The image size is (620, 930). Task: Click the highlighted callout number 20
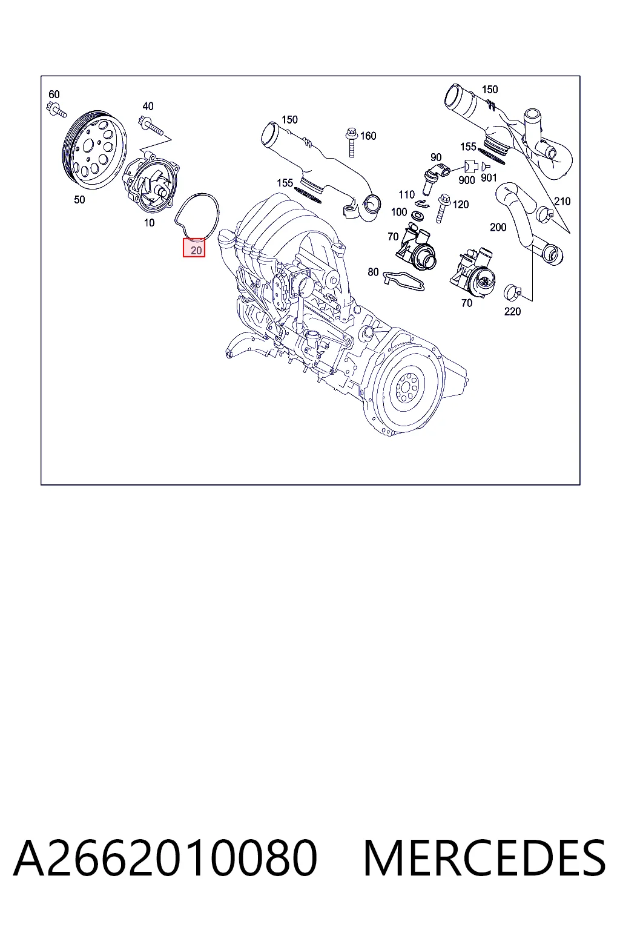[x=196, y=250]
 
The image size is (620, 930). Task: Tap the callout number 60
[x=54, y=94]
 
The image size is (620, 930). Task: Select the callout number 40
[x=148, y=107]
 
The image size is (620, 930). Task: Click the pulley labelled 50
[x=94, y=150]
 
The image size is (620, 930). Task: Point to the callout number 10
[x=149, y=223]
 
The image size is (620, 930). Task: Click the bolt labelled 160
[x=352, y=142]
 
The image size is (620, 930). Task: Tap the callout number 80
[x=373, y=272]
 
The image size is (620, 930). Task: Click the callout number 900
[x=466, y=180]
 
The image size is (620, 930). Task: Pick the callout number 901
[x=489, y=177]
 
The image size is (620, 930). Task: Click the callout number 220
[x=512, y=311]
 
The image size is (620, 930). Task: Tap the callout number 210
[x=562, y=202]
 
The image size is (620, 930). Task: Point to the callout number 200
[x=498, y=228]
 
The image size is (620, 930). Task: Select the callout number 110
[x=406, y=194]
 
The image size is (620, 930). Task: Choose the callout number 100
[x=398, y=212]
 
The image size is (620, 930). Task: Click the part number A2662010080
[x=165, y=858]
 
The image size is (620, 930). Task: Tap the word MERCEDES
[x=484, y=858]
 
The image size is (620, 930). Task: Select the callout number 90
[x=435, y=157]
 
